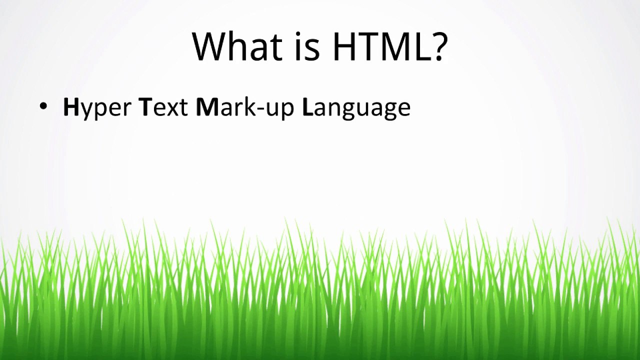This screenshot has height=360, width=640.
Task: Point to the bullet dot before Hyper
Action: pyautogui.click(x=43, y=106)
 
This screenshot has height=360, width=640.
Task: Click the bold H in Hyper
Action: pyautogui.click(x=71, y=107)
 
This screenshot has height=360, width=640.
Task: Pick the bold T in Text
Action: pyautogui.click(x=144, y=107)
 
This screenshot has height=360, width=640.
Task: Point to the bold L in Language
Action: pyautogui.click(x=307, y=107)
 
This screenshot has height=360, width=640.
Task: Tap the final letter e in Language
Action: pyautogui.click(x=403, y=109)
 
